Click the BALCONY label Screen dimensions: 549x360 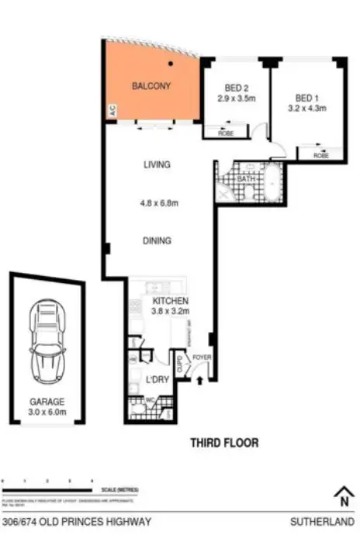[151, 85]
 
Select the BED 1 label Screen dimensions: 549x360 [306, 98]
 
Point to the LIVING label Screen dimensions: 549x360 [156, 164]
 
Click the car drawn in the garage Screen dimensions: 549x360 [46, 338]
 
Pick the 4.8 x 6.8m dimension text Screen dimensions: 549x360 [159, 203]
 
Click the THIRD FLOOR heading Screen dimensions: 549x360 [224, 444]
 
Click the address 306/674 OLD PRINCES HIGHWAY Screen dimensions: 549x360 [77, 522]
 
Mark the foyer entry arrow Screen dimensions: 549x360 [201, 380]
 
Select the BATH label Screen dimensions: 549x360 [246, 179]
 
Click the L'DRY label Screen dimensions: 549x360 [157, 379]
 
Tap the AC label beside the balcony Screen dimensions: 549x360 [112, 111]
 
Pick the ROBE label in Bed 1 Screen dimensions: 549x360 [320, 156]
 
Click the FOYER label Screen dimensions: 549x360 [202, 357]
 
